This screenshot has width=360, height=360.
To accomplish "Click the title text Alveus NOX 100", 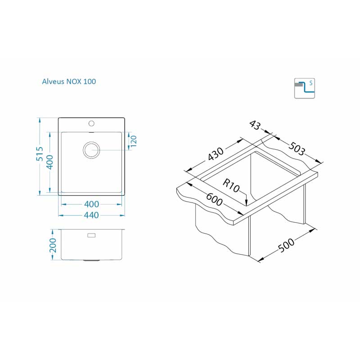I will [x=69, y=81].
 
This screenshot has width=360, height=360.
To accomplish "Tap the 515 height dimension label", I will [x=40, y=154].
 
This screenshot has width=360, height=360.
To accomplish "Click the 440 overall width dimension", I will [x=91, y=216].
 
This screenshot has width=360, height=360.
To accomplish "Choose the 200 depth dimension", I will [x=53, y=245].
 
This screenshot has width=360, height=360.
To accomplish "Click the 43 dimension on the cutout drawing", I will [x=254, y=126].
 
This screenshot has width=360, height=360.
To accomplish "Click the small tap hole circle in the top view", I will [x=91, y=123].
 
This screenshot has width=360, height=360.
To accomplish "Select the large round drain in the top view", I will [x=91, y=149].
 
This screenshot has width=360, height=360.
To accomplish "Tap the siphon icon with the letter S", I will [x=304, y=88].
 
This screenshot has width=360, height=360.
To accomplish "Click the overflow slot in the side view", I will [x=91, y=235].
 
